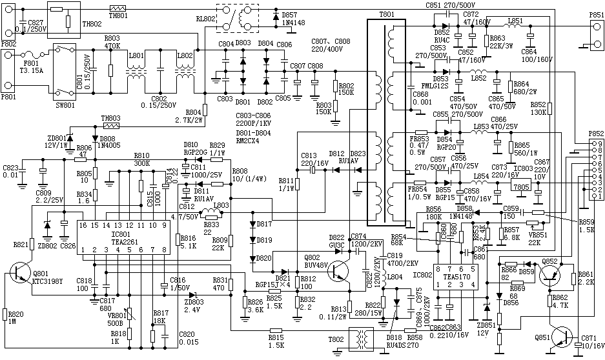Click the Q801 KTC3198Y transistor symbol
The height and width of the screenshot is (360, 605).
point(23,275)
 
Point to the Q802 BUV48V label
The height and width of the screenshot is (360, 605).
point(315,262)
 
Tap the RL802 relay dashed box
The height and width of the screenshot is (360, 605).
point(237,20)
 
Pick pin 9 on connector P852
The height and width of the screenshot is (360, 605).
point(599,142)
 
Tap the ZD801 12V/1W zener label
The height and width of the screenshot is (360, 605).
point(56,142)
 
